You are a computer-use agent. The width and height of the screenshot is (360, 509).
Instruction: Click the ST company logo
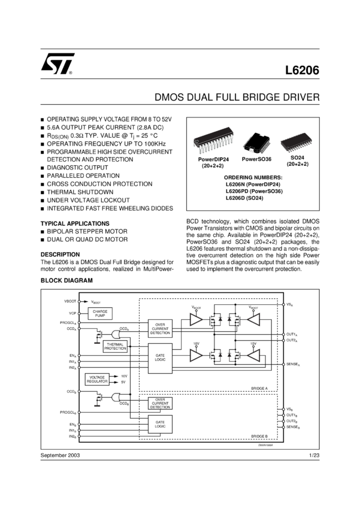tap(58, 64)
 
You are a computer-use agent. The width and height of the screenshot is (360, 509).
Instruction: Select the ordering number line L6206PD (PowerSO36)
tap(253, 191)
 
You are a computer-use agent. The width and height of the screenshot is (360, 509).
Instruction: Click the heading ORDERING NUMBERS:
tap(253, 178)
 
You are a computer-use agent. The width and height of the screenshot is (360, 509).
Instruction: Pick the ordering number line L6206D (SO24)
tap(253, 198)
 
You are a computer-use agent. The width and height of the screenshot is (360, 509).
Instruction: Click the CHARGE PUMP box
tap(99, 313)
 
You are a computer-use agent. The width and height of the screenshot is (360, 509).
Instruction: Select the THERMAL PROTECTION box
tap(115, 347)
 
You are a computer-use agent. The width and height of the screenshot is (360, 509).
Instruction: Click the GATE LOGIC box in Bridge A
tap(160, 358)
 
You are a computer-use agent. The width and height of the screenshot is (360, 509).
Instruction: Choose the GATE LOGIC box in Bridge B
tap(160, 424)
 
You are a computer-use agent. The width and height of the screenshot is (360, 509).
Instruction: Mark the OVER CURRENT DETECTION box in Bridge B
tap(160, 403)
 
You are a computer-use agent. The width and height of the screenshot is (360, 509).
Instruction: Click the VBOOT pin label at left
tap(70, 301)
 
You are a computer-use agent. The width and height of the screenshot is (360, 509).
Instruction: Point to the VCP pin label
tap(72, 313)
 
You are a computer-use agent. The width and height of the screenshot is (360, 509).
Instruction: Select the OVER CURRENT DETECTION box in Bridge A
tap(160, 328)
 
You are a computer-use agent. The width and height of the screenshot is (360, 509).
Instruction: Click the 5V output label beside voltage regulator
tap(123, 382)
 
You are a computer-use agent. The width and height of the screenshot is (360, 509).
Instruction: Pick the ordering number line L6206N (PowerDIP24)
tap(253, 184)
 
